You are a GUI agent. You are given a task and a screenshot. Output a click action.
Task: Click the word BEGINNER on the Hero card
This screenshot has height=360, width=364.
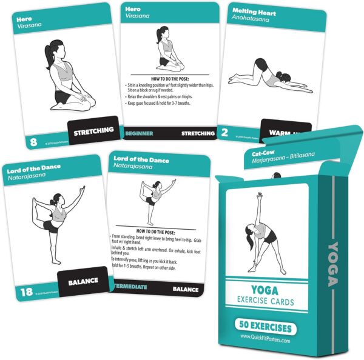pos(139,133)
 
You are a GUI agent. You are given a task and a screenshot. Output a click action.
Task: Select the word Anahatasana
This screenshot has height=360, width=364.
pos(250,19)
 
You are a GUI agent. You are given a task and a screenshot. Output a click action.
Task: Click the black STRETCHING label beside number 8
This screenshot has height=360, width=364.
pos(92,130)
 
